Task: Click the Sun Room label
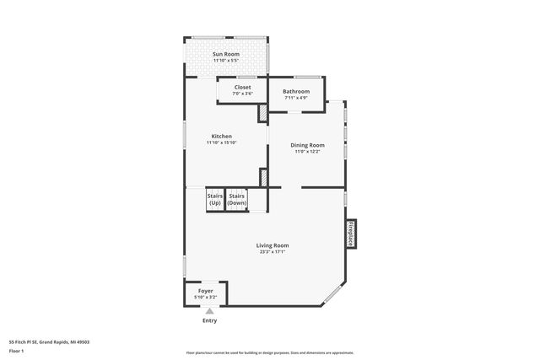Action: [x=225, y=54]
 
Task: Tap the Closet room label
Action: [x=242, y=87]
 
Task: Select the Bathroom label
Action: [x=295, y=91]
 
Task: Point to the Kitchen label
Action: [x=222, y=137]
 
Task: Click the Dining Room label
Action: [x=307, y=145]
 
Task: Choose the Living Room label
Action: [x=273, y=245]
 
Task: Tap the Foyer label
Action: [x=205, y=291]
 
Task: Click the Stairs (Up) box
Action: [x=214, y=200]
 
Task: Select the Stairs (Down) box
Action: [x=236, y=200]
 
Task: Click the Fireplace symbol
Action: [x=350, y=234]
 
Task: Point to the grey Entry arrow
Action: [x=209, y=312]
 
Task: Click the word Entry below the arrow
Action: [x=209, y=321]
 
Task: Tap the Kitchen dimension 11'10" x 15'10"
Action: [x=222, y=142]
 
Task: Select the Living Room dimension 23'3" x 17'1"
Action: [x=273, y=251]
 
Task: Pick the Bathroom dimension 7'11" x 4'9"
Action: [x=295, y=97]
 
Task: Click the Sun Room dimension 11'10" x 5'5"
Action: [x=225, y=60]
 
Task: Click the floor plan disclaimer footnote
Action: [x=269, y=352]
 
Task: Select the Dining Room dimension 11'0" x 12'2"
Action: [x=307, y=151]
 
